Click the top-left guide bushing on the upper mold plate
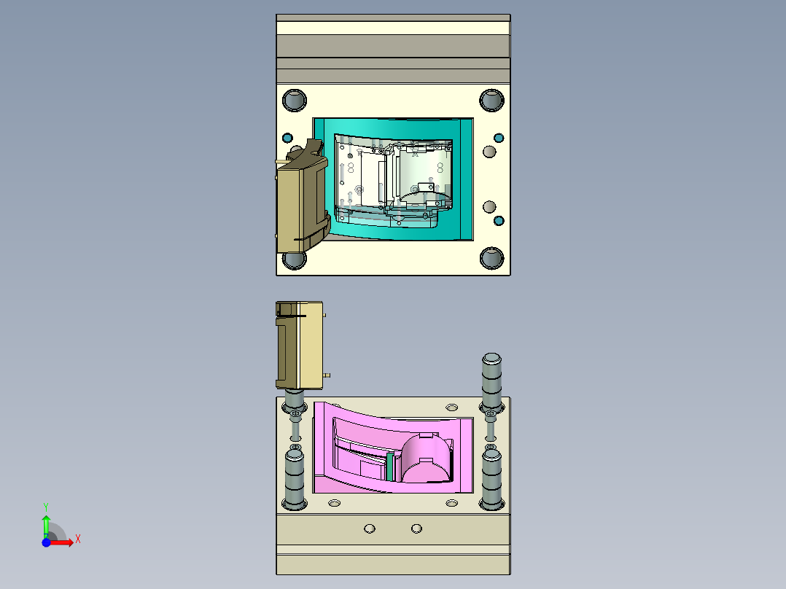tap(295, 100)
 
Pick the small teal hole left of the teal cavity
tap(287, 138)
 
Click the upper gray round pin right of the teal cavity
tap(489, 152)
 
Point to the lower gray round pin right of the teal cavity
tap(489, 207)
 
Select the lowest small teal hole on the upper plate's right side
tap(499, 220)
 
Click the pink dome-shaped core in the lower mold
tap(428, 459)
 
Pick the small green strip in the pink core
tap(390, 467)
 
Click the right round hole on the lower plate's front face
tap(416, 528)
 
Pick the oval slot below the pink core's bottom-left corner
tap(335, 503)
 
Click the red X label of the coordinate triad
tap(77, 539)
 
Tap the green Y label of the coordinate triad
tap(45, 506)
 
